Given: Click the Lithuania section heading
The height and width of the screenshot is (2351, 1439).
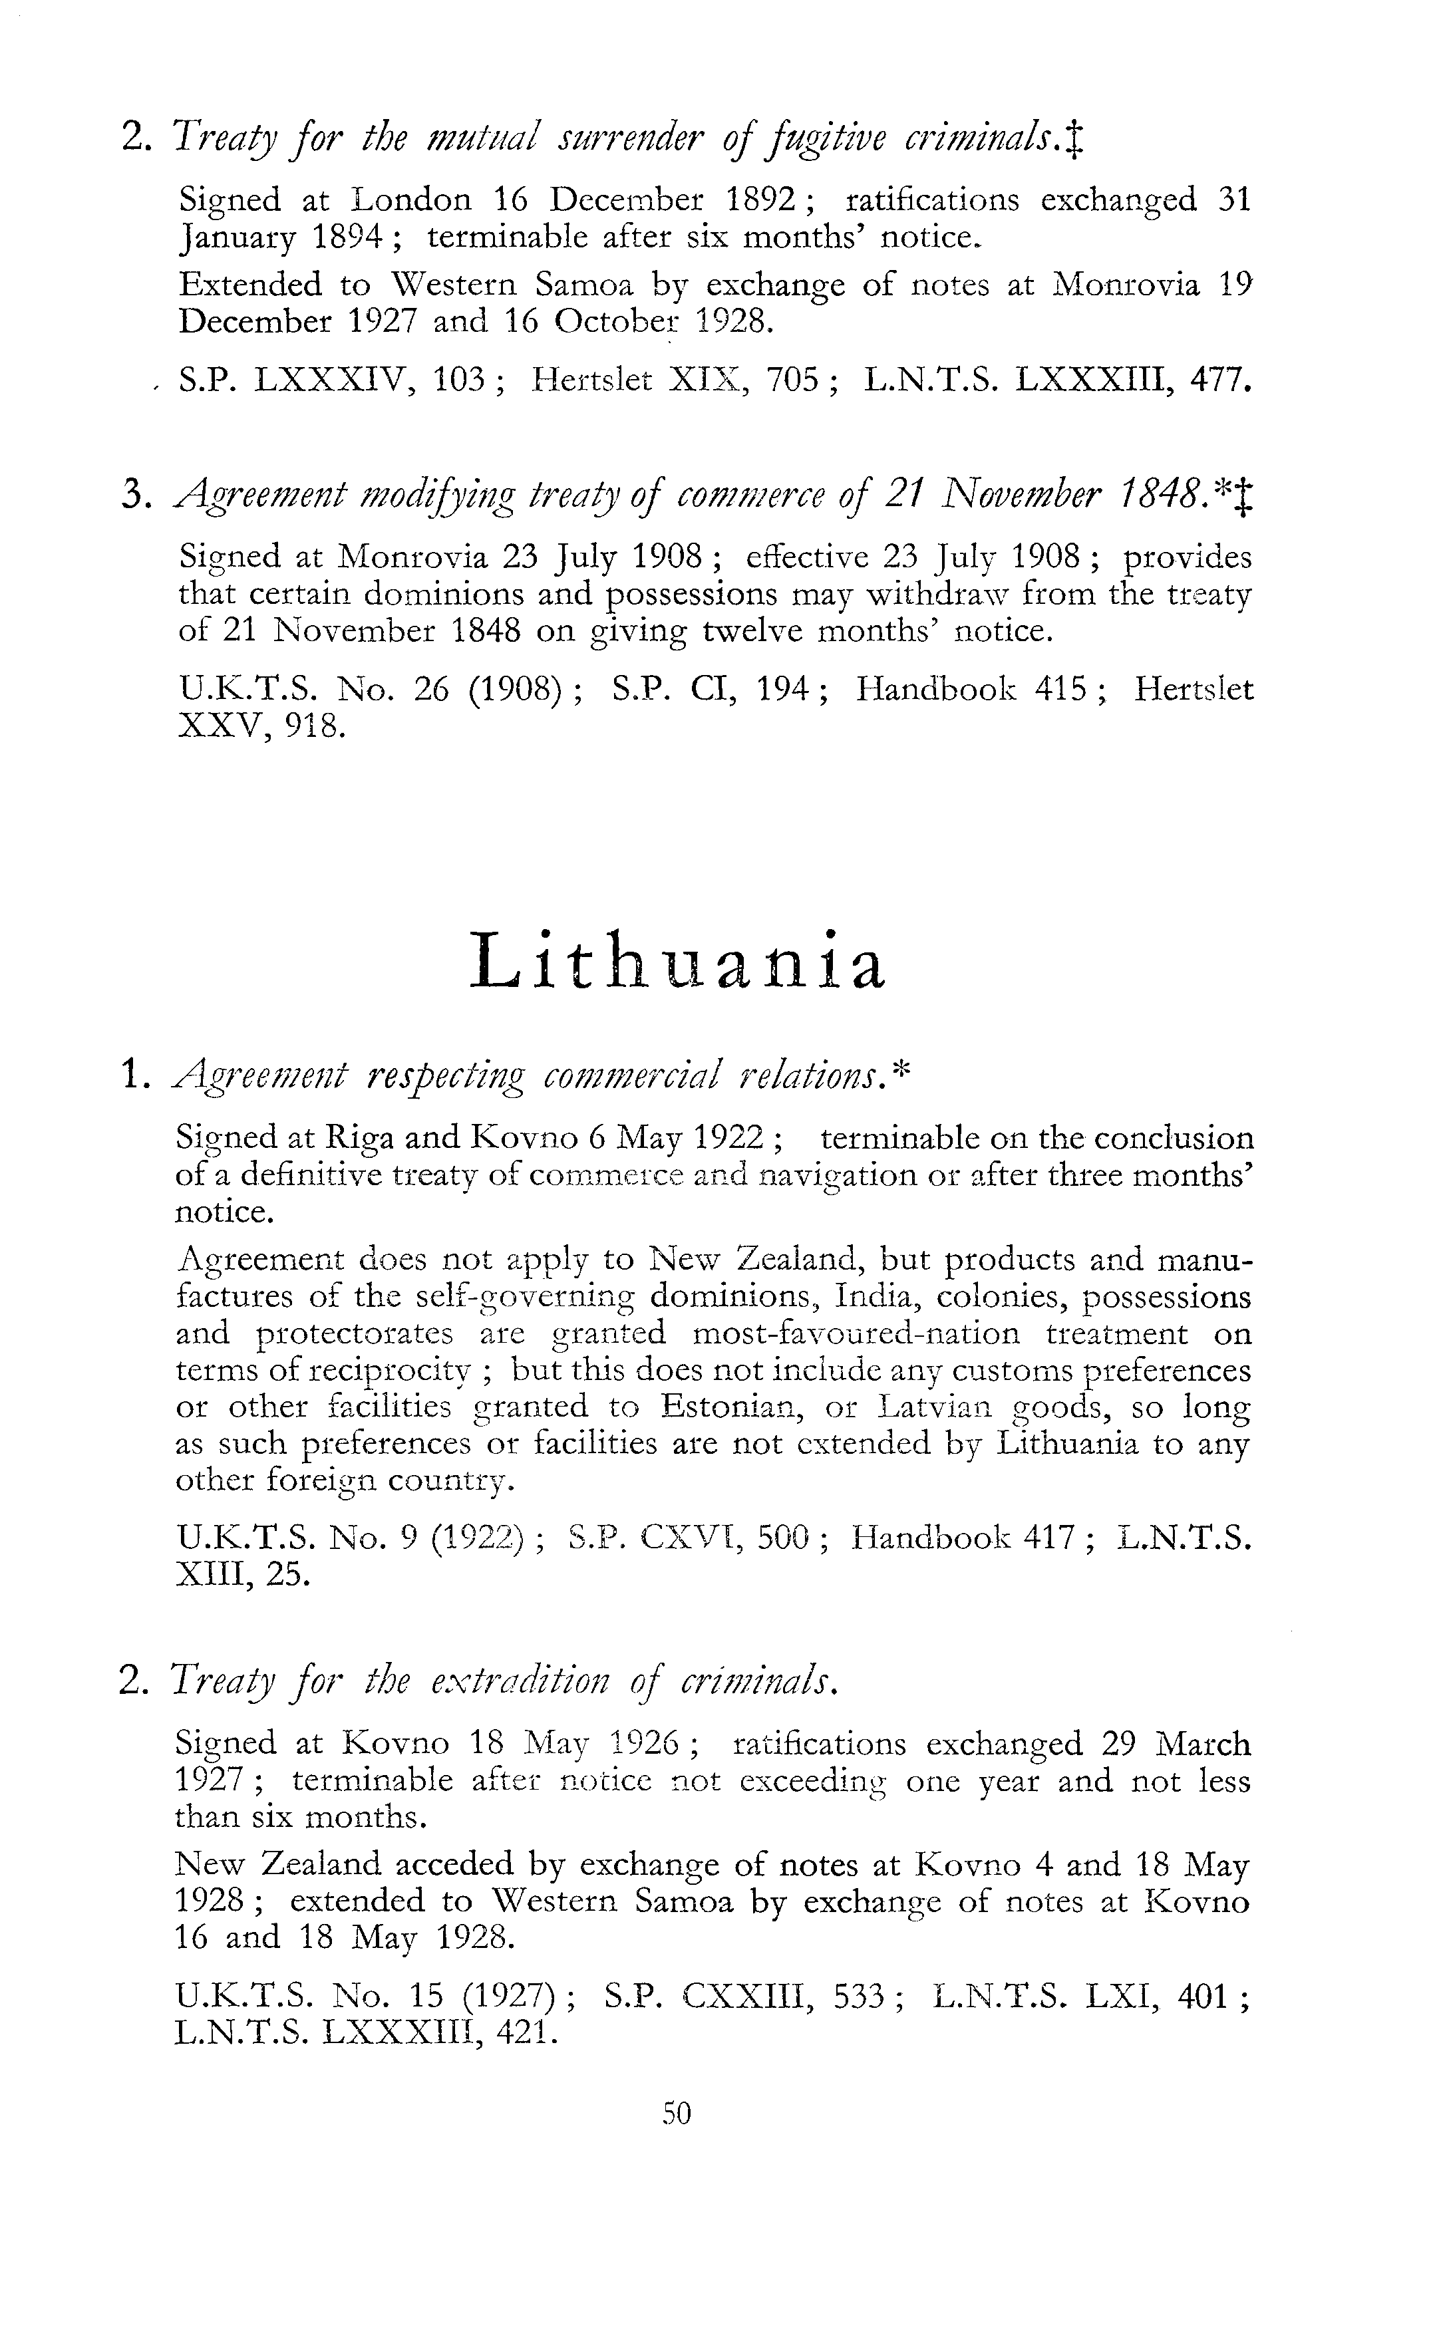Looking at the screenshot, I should (679, 962).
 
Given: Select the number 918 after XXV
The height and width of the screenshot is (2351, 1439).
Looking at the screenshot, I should (315, 726).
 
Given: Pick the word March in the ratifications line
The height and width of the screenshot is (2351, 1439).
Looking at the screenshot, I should (1201, 1744).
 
